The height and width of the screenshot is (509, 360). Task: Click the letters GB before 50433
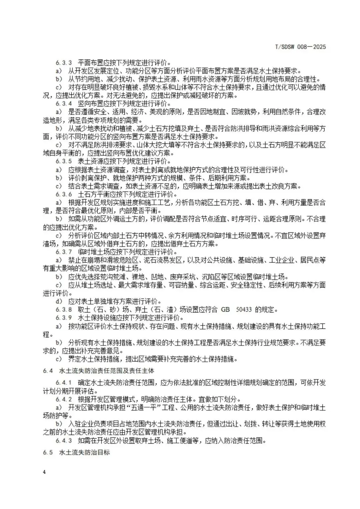(x=225, y=309)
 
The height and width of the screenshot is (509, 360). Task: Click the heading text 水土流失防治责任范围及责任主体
(x=107, y=371)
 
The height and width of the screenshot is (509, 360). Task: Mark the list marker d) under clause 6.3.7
(x=59, y=301)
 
